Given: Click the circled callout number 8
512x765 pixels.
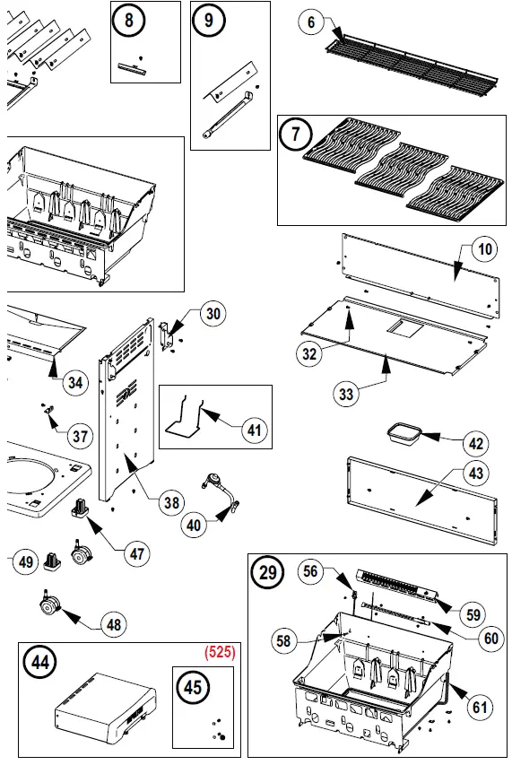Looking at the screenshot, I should (x=132, y=22).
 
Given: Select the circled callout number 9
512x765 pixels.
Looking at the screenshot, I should (x=209, y=21).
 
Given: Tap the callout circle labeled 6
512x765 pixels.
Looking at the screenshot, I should (x=310, y=22).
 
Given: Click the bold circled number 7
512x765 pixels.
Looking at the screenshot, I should (x=294, y=136).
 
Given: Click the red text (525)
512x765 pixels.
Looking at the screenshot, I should (x=219, y=653).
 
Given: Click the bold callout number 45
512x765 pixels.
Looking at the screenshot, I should (x=193, y=687).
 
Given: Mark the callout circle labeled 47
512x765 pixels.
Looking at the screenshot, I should (x=137, y=553).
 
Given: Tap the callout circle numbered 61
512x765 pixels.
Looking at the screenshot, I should (x=481, y=707).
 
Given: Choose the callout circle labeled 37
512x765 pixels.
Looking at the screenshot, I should (x=81, y=437).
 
